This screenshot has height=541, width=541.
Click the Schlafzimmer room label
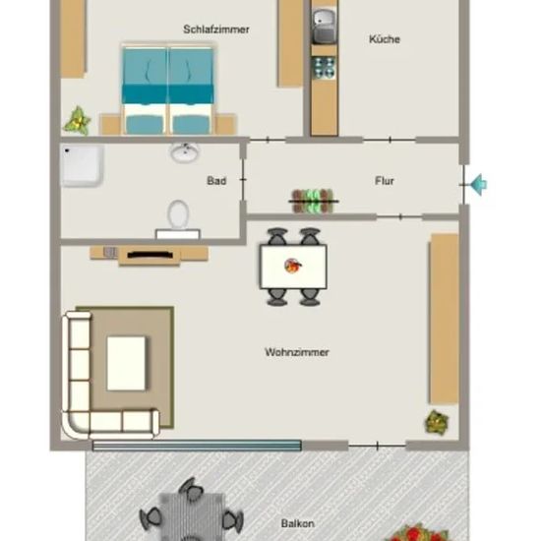point(216,30)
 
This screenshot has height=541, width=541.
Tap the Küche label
point(385,39)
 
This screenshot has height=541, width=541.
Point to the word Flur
point(385,181)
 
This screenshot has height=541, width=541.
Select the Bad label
point(216,180)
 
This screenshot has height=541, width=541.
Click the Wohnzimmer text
point(297,352)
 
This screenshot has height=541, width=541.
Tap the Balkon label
point(297,523)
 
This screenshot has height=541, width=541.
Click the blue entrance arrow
point(479,185)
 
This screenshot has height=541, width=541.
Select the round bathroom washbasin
point(185,152)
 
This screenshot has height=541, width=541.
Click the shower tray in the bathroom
point(82,165)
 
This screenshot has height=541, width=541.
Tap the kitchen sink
point(324,26)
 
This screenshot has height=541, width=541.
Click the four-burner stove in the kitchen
point(324,67)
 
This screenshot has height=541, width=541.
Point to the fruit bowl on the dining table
point(293,266)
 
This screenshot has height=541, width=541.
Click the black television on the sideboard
point(150,255)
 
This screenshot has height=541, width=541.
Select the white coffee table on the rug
point(126,363)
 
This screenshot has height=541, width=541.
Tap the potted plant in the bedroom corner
point(78,120)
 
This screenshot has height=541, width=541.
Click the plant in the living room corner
point(437,422)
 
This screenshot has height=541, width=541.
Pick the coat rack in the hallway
point(313,201)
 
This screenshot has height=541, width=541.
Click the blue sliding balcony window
point(197,446)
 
